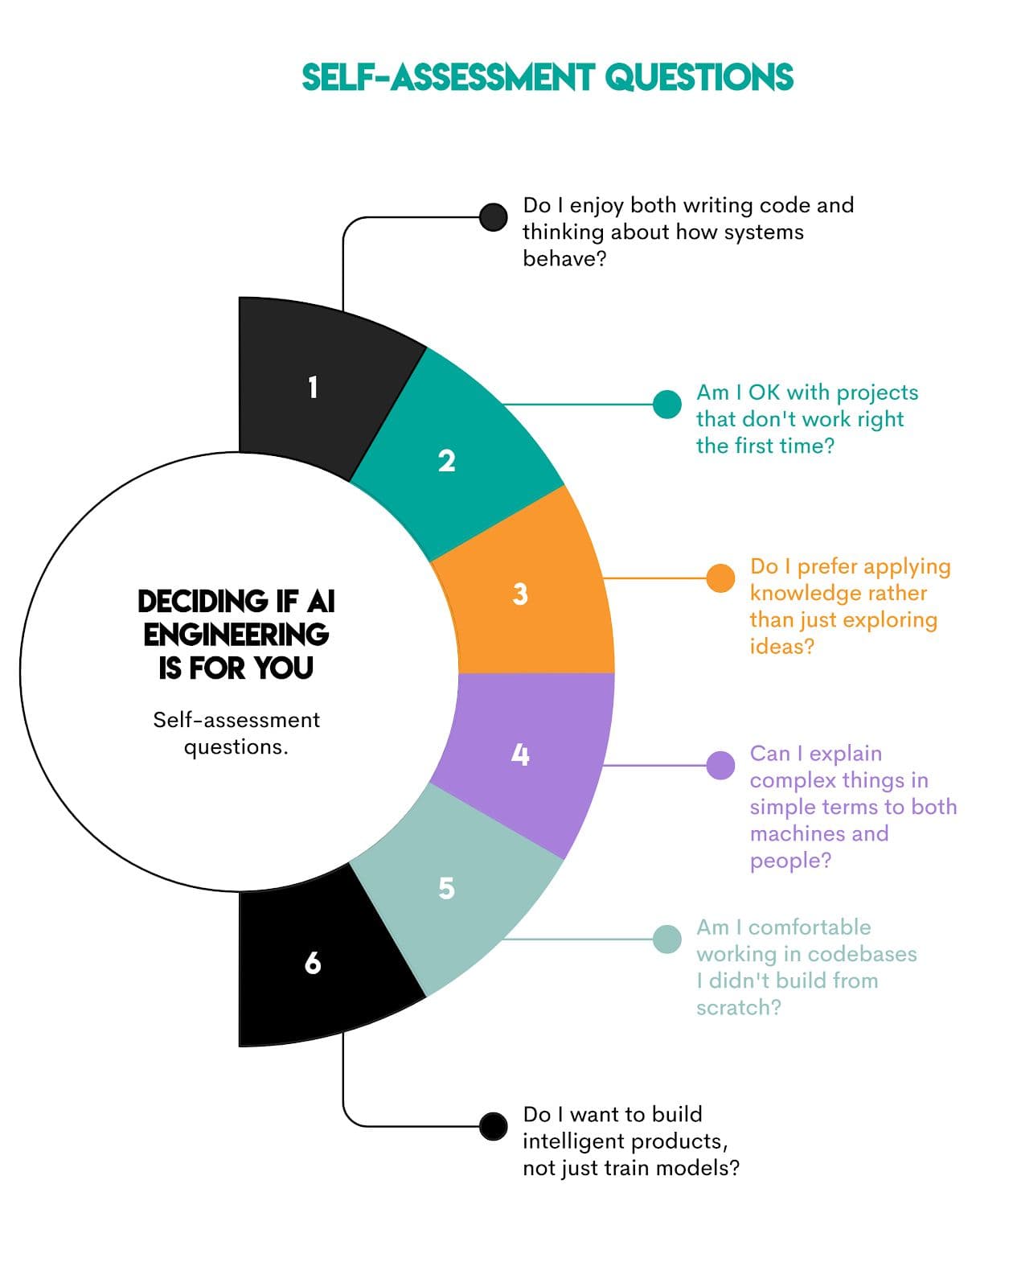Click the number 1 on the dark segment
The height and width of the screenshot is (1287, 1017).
click(313, 388)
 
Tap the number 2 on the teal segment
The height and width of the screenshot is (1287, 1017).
click(446, 461)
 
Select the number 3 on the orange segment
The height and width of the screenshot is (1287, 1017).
click(520, 594)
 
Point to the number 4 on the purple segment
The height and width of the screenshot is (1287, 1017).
click(520, 755)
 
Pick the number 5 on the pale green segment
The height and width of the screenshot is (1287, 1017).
click(446, 888)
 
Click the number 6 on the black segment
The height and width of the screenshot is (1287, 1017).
click(313, 963)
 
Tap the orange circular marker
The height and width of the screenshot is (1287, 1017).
click(720, 578)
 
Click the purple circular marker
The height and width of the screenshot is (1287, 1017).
click(720, 765)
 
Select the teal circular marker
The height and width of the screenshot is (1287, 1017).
click(666, 405)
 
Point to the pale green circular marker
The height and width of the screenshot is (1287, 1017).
click(666, 939)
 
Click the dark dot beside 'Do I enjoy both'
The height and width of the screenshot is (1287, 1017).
click(493, 216)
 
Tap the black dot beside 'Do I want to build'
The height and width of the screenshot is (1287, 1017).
click(493, 1126)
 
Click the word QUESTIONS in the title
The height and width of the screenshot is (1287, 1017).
click(699, 78)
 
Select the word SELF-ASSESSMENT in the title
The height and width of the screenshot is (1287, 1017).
click(448, 78)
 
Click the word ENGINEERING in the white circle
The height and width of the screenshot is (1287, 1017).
click(236, 635)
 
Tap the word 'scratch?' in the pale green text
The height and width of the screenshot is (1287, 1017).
click(738, 1007)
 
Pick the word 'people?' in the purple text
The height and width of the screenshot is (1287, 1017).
click(790, 861)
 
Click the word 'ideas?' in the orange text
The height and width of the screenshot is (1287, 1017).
click(781, 647)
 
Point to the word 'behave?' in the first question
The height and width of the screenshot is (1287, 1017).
click(564, 259)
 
